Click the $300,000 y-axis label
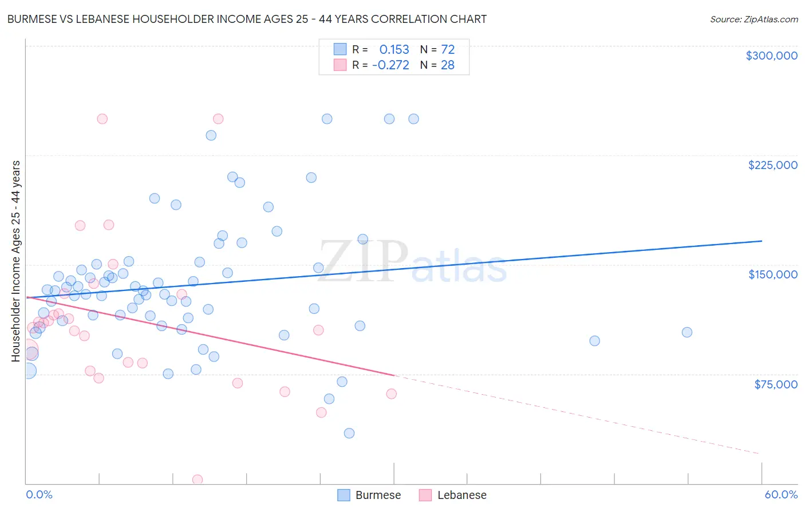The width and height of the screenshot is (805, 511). coord(771,56)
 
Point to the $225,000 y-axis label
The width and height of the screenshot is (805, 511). coord(772,165)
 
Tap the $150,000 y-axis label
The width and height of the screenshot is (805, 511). coord(772,274)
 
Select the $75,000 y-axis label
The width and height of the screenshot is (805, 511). coord(775,384)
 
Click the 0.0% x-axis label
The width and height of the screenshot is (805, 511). coord(39,494)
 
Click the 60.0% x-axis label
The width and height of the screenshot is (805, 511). coord(780,494)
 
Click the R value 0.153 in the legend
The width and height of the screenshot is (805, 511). coord(394,50)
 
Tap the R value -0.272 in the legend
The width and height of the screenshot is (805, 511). coord(390,65)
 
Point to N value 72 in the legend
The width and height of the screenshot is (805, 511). coord(447,50)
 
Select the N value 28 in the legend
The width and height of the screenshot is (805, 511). coord(447,65)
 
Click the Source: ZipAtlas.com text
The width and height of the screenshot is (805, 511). coord(753,19)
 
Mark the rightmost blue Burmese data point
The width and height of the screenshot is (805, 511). coord(687,332)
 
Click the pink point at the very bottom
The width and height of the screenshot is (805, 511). coord(198,479)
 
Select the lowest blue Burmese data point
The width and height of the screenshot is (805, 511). coord(349,433)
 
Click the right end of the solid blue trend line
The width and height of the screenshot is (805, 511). coord(761,241)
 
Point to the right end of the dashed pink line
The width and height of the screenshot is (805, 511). coord(760,454)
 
